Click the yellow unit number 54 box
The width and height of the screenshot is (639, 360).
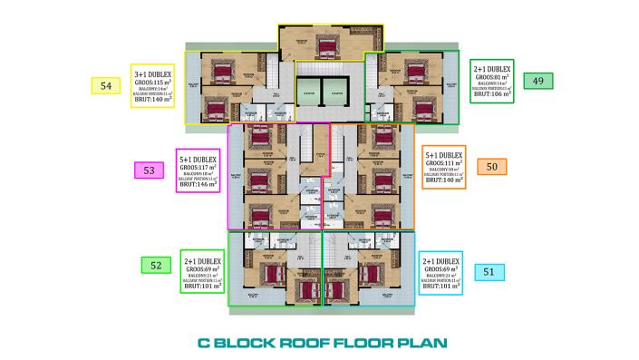(x=107, y=85)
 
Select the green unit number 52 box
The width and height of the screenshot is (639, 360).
(x=156, y=265)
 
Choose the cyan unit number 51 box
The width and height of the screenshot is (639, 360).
(x=488, y=270)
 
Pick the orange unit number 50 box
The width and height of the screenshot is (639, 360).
(x=491, y=167)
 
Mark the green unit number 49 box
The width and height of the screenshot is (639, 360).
(x=538, y=80)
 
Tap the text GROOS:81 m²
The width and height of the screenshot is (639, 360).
(x=493, y=76)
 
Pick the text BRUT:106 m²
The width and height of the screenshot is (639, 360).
(x=493, y=92)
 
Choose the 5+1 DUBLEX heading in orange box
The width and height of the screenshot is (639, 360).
(x=444, y=153)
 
